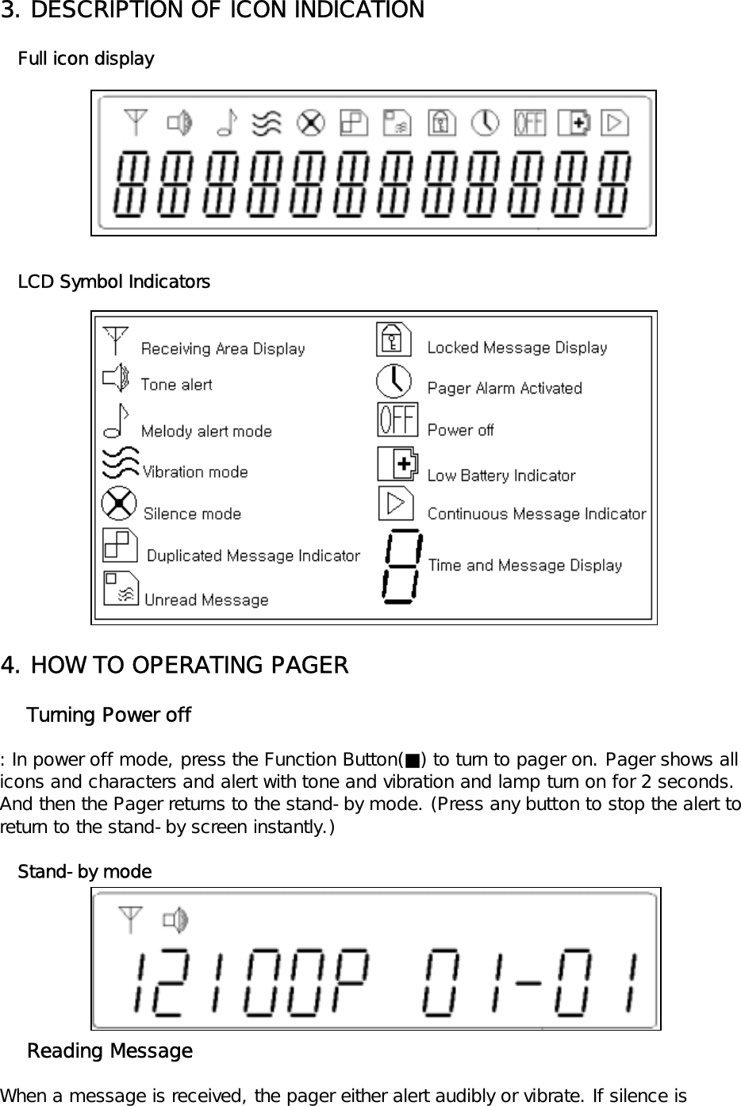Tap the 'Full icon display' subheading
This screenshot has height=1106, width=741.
(x=86, y=59)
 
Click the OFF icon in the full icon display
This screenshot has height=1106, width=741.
(x=529, y=123)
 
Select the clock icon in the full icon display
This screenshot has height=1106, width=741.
(x=486, y=123)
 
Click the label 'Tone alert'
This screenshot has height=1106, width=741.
(x=176, y=385)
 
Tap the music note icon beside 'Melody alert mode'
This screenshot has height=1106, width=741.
(x=117, y=421)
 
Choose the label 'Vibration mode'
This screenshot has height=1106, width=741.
(x=195, y=472)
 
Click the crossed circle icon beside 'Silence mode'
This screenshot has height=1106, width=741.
(x=119, y=504)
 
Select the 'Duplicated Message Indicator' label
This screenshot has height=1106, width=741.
(x=253, y=556)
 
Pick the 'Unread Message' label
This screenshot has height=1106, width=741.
(x=206, y=600)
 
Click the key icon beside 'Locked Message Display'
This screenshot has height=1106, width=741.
(x=394, y=339)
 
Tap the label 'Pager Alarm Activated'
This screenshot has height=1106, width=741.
(x=505, y=388)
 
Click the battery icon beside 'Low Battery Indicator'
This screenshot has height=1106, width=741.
(x=398, y=463)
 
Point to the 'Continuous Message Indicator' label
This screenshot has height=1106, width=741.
(x=536, y=514)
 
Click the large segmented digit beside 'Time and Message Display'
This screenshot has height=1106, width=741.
(x=401, y=566)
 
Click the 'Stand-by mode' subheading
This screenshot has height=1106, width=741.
(x=85, y=872)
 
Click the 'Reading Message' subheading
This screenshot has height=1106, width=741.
(x=109, y=1051)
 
